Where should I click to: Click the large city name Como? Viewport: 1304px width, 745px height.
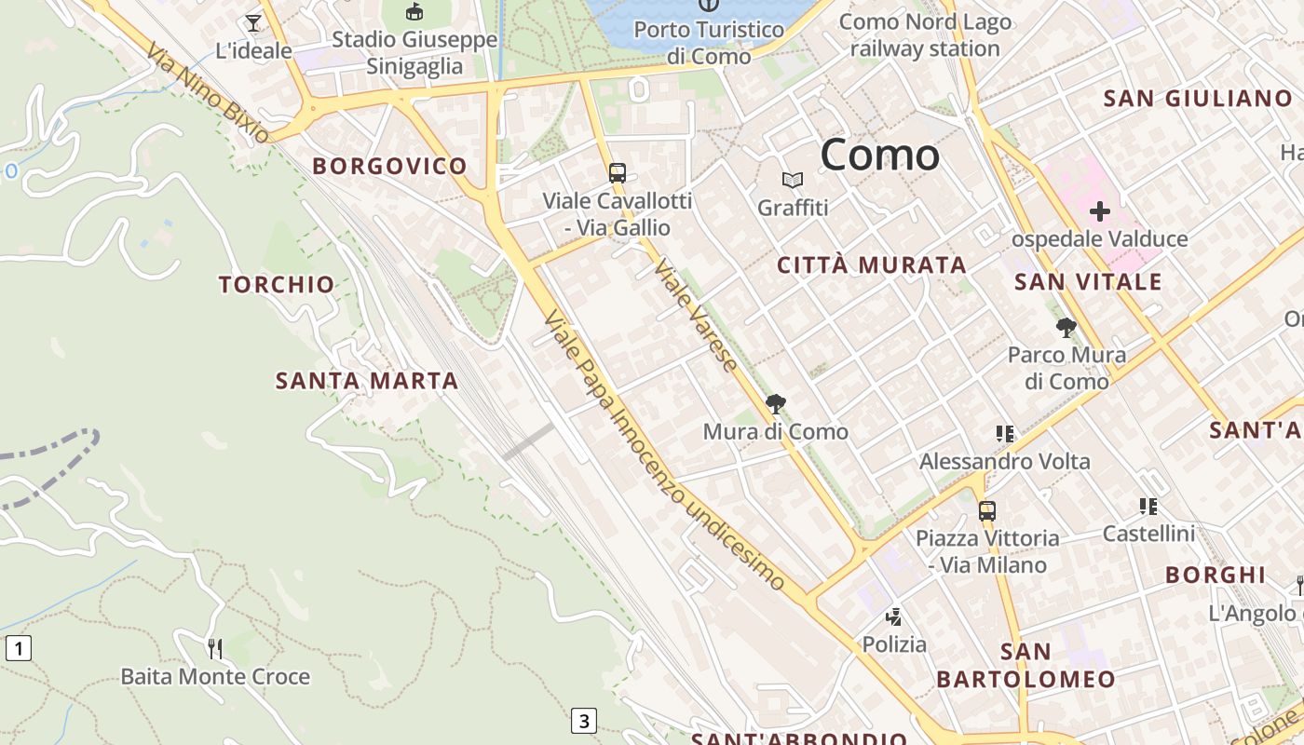coord(879,155)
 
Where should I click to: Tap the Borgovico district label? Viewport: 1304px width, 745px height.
coord(389,167)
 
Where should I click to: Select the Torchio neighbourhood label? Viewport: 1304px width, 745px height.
coord(277,285)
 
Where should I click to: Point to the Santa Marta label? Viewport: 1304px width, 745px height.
coord(367,381)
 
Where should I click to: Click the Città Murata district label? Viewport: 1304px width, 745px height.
coord(872,265)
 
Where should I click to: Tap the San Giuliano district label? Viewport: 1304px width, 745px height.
coord(1198,99)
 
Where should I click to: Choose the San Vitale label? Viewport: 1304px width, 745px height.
coord(1088,282)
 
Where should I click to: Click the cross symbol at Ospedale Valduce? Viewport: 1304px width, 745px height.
coord(1100,211)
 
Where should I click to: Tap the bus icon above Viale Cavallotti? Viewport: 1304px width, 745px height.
coord(617,172)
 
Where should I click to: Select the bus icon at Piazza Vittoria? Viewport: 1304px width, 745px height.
coord(987,511)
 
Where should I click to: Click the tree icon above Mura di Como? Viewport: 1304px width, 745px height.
coord(775,404)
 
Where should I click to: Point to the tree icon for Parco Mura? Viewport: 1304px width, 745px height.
coord(1066,328)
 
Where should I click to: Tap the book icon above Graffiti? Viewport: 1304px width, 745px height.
coord(793,180)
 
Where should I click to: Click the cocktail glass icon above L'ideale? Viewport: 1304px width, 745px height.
coord(253,22)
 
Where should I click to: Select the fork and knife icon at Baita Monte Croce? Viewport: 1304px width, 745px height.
coord(215,648)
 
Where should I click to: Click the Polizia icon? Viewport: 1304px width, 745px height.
coord(894,616)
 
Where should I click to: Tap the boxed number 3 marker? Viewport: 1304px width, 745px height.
coord(583,720)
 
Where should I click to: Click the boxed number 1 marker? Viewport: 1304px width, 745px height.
coord(19,647)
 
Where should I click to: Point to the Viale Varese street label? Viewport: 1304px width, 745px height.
coord(696,315)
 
